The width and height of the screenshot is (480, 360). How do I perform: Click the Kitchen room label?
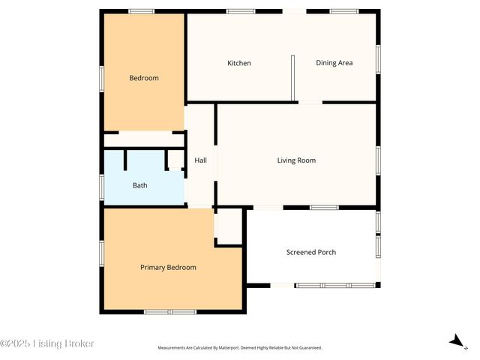[x=239, y=63]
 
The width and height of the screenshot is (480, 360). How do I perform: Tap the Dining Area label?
[x=334, y=63]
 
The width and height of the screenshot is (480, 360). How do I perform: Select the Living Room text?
[x=296, y=160]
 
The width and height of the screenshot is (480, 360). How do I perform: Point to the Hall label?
[x=200, y=160]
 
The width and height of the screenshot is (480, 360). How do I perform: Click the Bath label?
[x=140, y=185]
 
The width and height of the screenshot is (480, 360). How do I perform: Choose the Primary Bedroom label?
[x=168, y=268]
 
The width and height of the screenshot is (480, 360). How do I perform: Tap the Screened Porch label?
[x=311, y=252]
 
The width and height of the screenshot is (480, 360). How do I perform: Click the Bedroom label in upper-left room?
[x=144, y=78]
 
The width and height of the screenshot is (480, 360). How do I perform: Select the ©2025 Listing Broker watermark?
[x=47, y=343]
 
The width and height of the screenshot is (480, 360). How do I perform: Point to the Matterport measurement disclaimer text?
[x=239, y=348]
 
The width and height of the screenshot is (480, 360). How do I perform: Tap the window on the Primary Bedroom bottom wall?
[x=170, y=311]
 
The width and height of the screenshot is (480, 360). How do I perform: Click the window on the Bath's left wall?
[x=102, y=186]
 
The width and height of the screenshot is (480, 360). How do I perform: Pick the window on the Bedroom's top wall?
[x=141, y=11]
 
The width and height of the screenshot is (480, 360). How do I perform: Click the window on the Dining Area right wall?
[x=378, y=58]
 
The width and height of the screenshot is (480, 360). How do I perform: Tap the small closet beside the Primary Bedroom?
[x=229, y=226]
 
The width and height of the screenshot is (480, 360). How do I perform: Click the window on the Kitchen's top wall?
[x=240, y=11]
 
